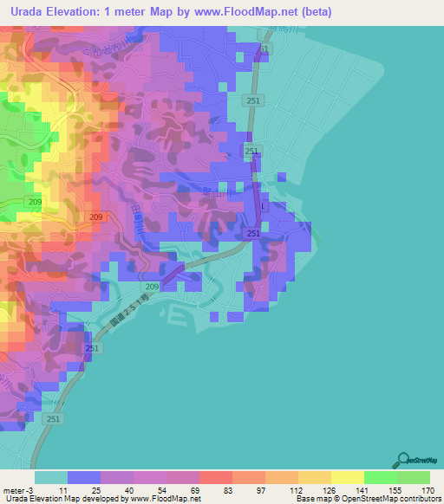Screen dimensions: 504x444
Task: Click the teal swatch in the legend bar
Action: click(50, 477)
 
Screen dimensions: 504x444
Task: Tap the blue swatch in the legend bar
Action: click(83, 477)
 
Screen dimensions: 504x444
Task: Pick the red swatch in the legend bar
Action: click(215, 477)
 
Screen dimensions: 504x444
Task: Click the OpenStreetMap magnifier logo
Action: click(402, 460)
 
